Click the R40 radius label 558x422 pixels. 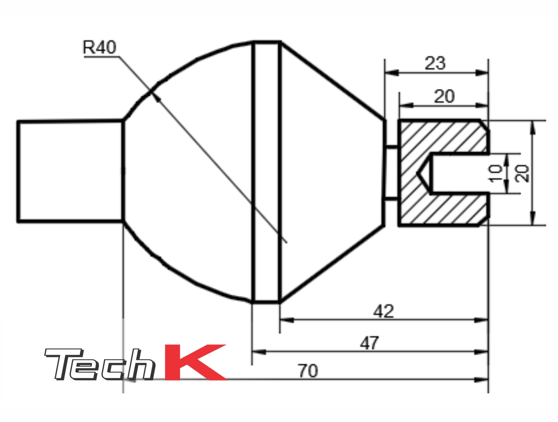click(x=99, y=47)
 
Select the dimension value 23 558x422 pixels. click(x=435, y=63)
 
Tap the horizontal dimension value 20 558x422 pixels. click(x=444, y=97)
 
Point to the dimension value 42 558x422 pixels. click(x=383, y=311)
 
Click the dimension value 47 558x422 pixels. click(x=369, y=343)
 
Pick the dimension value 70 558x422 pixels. click(x=308, y=371)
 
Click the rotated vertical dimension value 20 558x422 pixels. click(x=522, y=173)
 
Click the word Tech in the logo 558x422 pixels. click(x=100, y=364)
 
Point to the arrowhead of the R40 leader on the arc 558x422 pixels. click(x=155, y=97)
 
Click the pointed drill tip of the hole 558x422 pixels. click(x=419, y=173)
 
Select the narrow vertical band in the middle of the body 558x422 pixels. click(x=266, y=171)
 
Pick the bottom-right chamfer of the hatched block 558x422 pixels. click(x=484, y=221)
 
